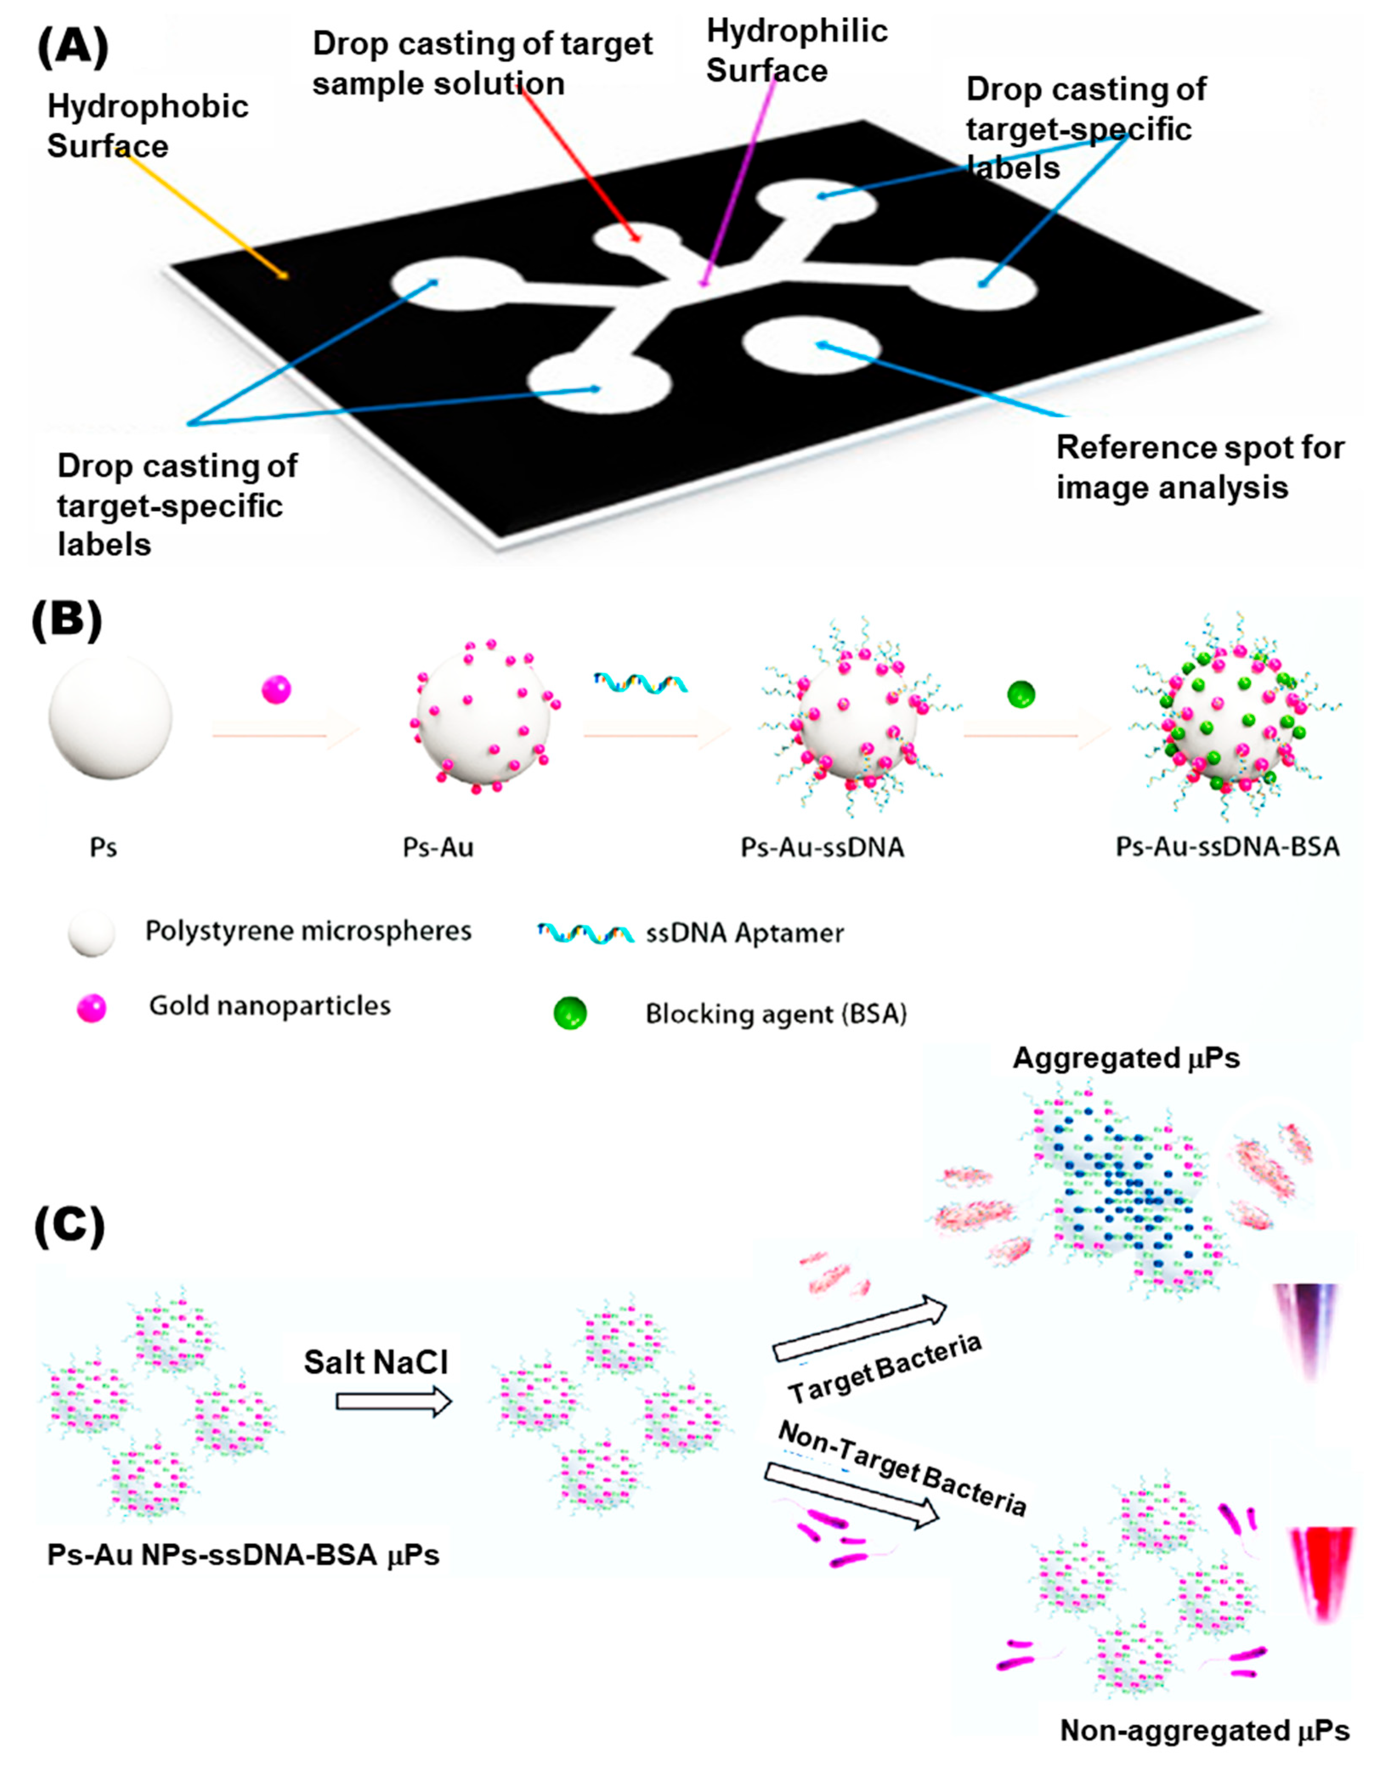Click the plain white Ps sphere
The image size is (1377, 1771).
coord(110,718)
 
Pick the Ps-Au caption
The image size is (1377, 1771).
coord(438,847)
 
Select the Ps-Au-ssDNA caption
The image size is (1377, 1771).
coord(822,847)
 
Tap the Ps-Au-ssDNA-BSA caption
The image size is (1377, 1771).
coord(1227,847)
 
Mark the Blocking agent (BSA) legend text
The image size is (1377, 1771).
coord(775,1014)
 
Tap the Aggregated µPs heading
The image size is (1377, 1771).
coord(1126,1058)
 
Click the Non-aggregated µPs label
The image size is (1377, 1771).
coord(1204,1731)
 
